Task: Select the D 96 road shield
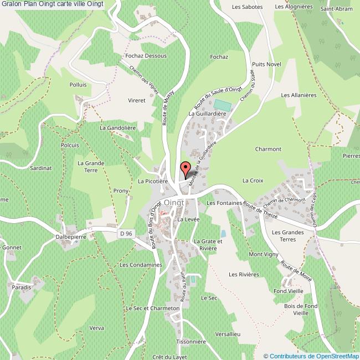[126, 234]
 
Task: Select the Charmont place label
[268, 149]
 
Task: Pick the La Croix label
[253, 181]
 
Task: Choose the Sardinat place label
[41, 167]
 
